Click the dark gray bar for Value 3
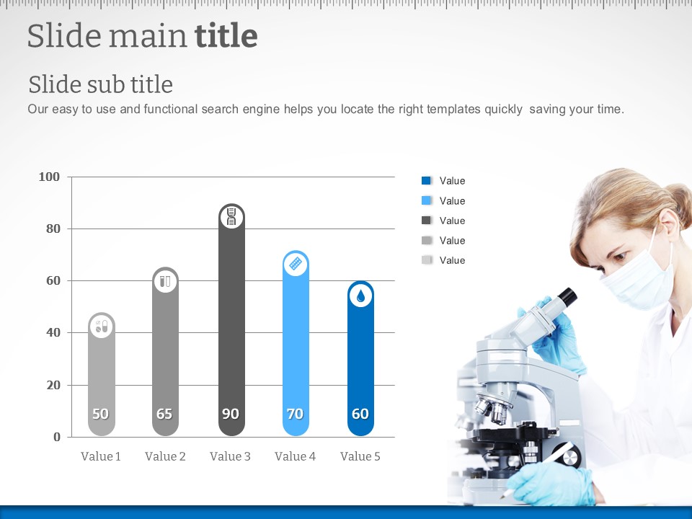[x=231, y=320]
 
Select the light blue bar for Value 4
[x=296, y=343]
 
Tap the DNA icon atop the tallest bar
[x=231, y=217]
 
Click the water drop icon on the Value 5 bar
[x=360, y=296]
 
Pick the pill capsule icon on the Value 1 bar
[x=102, y=326]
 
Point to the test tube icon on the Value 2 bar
[x=165, y=281]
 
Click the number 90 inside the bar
[x=231, y=414]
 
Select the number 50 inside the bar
[x=101, y=414]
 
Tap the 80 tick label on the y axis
[x=53, y=229]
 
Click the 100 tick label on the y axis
[x=49, y=177]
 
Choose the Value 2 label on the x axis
[x=166, y=456]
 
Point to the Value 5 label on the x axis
[x=360, y=456]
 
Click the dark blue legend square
[x=426, y=180]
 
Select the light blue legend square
[x=426, y=200]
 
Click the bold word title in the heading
[x=226, y=35]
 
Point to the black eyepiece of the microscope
[x=567, y=296]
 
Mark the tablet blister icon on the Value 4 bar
[x=296, y=264]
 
